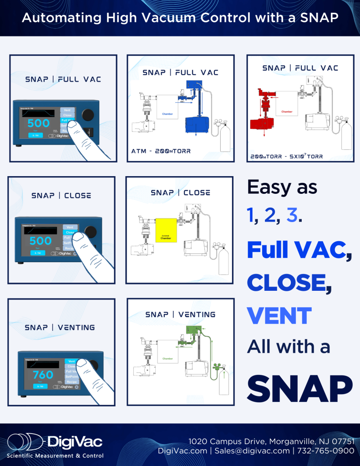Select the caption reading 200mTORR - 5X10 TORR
pyautogui.click(x=287, y=156)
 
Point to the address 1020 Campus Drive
pyautogui.click(x=227, y=441)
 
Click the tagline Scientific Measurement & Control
pyautogui.click(x=55, y=456)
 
